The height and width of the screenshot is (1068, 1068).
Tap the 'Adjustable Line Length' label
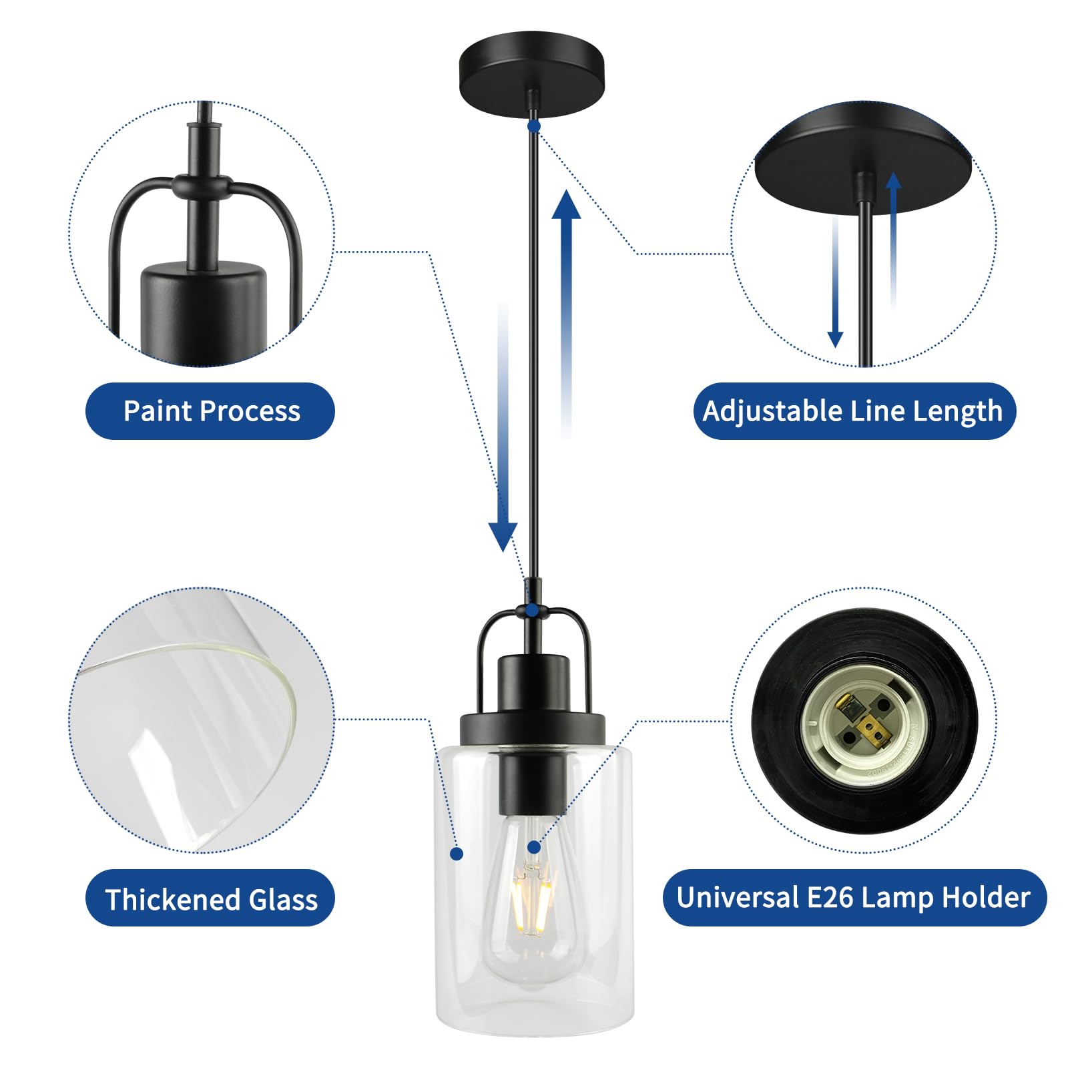click(853, 411)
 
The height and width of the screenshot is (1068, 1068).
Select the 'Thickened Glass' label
click(210, 899)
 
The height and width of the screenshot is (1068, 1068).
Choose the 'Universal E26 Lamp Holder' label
click(854, 898)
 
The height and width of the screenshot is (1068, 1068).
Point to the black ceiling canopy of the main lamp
click(532, 72)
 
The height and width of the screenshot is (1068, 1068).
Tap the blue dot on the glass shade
click(457, 853)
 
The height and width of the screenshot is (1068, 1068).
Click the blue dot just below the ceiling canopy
click(533, 125)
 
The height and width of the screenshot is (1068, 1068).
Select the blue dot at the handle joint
click(532, 609)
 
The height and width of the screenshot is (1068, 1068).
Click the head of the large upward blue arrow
click(566, 206)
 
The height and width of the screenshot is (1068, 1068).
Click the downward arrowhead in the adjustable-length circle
click(835, 339)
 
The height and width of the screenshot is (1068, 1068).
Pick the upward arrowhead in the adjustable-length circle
click(893, 181)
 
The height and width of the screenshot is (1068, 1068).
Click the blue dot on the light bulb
click(533, 847)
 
